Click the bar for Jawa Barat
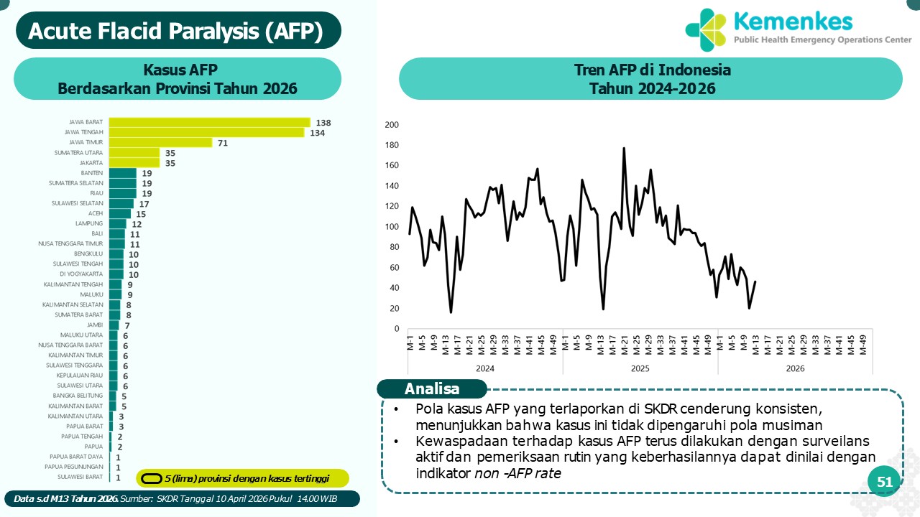click(209, 123)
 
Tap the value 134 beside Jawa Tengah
click(318, 133)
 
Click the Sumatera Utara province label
click(78, 153)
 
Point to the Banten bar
click(122, 173)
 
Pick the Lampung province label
click(90, 223)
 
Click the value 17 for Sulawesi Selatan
click(144, 203)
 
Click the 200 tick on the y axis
click(392, 124)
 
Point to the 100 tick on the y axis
click(392, 227)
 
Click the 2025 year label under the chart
click(640, 368)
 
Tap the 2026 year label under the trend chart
click(795, 368)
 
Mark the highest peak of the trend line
click(623, 149)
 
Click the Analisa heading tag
click(432, 389)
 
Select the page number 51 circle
click(884, 483)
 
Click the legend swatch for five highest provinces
click(151, 478)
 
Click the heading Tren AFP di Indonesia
click(652, 70)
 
